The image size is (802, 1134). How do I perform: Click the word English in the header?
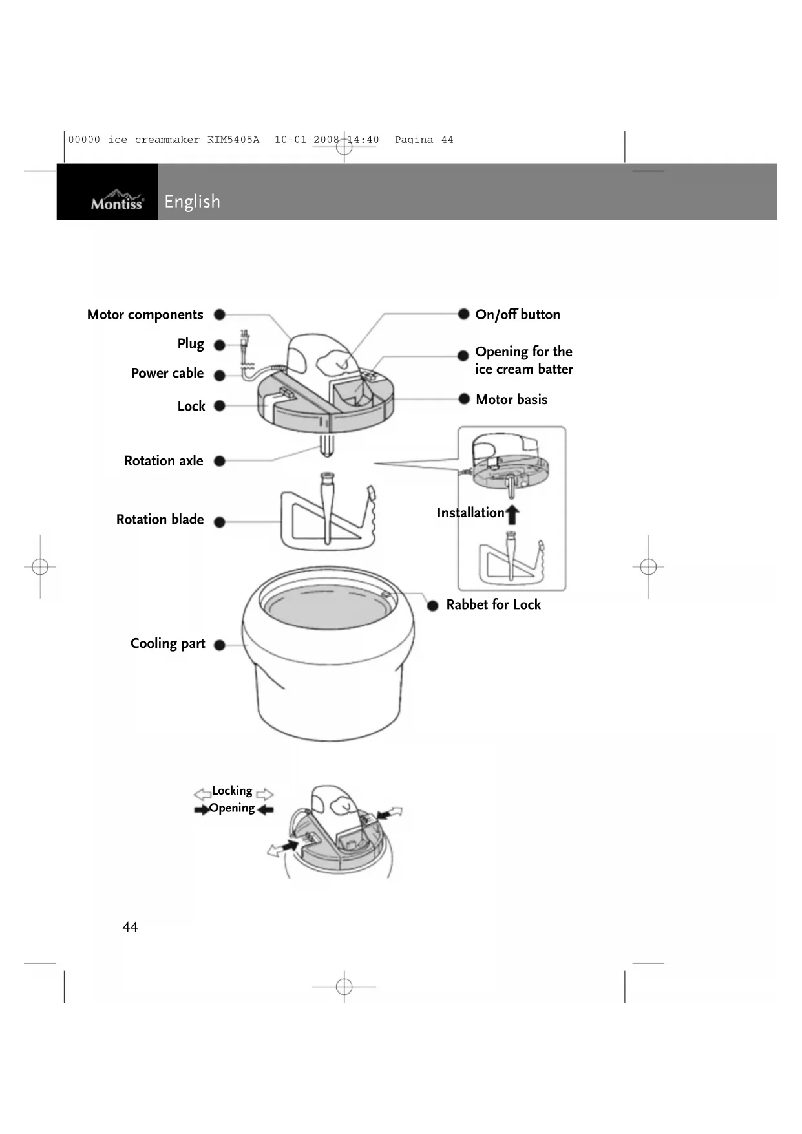pos(192,202)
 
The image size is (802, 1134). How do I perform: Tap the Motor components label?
pos(145,315)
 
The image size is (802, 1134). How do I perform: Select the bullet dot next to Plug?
pos(220,345)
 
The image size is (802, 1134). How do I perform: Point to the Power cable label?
pos(167,373)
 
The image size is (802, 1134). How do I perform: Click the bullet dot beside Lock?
pos(220,406)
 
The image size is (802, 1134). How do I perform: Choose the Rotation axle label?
pos(164,461)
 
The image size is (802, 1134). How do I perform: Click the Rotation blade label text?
pos(160,519)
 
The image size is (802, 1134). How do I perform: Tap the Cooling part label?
pos(167,643)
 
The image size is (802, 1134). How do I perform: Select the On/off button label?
pos(518,315)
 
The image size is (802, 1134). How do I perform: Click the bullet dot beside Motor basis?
pos(464,399)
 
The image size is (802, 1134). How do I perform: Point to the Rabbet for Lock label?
pos(493,604)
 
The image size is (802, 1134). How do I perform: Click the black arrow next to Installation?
pos(512,515)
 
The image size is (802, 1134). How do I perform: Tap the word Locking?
pos(232,791)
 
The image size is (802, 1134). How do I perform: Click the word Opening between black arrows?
pos(232,808)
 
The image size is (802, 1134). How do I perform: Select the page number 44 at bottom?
pos(130,927)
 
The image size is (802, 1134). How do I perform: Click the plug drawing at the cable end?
pos(245,339)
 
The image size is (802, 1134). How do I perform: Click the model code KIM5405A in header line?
pos(233,140)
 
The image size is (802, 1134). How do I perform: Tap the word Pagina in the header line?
pos(414,140)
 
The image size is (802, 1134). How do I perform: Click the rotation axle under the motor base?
pos(327,445)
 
